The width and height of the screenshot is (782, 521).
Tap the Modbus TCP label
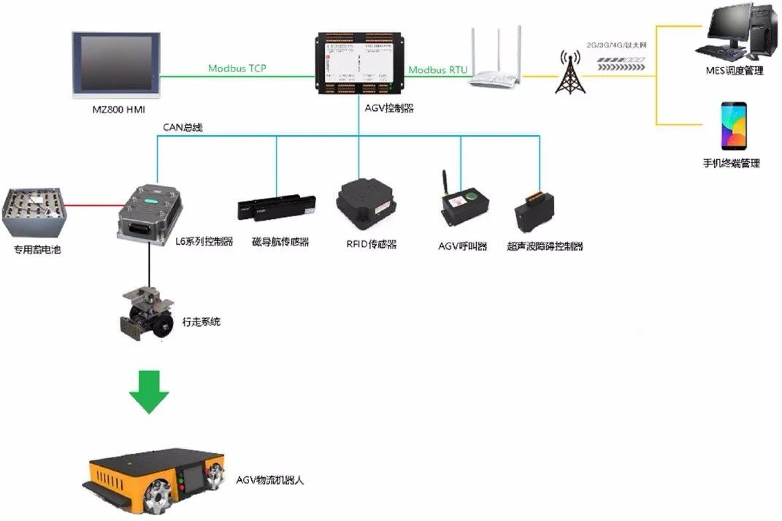[x=237, y=68]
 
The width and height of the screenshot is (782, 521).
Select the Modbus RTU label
[x=437, y=69]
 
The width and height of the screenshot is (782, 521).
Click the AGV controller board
[x=359, y=64]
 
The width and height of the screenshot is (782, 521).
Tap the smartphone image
[x=733, y=126]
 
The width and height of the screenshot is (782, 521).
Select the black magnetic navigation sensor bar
[x=276, y=207]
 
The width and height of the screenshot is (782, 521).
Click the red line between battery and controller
[x=93, y=205]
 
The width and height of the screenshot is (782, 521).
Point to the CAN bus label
[x=183, y=128]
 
